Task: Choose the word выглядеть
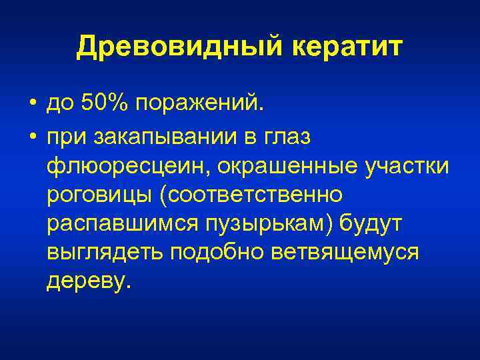coord(103,253)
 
